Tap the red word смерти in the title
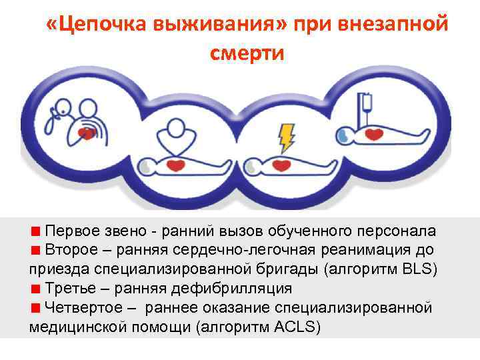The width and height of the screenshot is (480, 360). (247, 53)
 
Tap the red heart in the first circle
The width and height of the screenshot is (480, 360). (86, 133)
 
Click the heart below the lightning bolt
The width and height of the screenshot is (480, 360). (284, 164)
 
